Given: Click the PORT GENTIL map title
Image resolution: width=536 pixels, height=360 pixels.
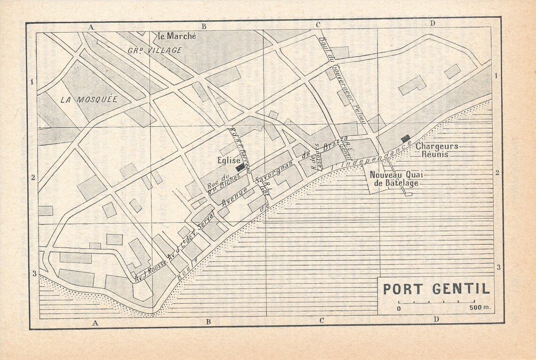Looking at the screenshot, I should (x=435, y=288).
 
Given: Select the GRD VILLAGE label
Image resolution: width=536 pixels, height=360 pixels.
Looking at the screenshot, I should (x=155, y=50).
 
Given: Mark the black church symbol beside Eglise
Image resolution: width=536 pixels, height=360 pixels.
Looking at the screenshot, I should (x=240, y=167).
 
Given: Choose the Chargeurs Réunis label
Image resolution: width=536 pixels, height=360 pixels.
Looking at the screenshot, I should (x=436, y=150).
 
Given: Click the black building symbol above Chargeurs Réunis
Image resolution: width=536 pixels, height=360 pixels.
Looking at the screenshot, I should (x=405, y=138).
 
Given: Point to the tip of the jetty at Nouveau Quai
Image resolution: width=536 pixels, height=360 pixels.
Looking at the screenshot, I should (x=409, y=194).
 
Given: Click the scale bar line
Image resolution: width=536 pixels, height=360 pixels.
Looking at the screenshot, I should (x=436, y=302).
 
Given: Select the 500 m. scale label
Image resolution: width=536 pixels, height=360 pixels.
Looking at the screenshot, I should (x=479, y=308).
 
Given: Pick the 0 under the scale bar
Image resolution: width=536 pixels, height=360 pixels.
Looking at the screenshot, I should (x=399, y=309).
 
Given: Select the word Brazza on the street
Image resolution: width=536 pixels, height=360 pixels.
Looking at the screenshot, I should (x=337, y=144).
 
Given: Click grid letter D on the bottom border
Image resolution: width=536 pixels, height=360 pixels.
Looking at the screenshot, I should (x=436, y=320).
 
